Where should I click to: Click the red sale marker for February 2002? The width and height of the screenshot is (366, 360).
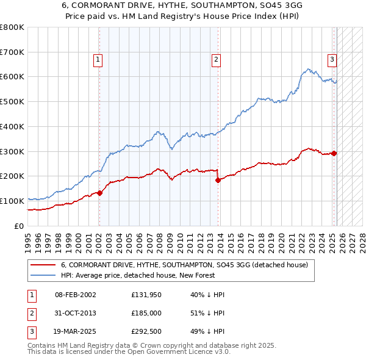(x=99, y=193)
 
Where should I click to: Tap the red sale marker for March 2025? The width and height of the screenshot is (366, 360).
(x=334, y=153)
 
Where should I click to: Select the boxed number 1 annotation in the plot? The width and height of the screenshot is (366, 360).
(x=98, y=59)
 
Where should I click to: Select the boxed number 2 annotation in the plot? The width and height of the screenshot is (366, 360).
(x=217, y=59)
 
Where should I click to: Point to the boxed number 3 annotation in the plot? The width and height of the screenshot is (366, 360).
(x=332, y=59)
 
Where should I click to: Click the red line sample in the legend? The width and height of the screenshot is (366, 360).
(x=43, y=265)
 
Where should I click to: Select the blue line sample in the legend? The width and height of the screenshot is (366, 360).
(x=43, y=275)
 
